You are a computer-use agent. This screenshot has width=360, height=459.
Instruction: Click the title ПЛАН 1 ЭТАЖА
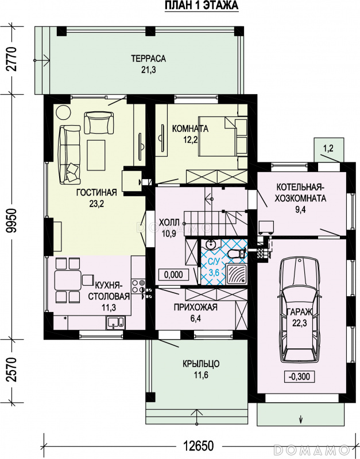point(202,6)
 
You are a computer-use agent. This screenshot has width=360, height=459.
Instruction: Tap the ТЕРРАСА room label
point(148,59)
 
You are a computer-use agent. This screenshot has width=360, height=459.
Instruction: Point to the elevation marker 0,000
point(173,274)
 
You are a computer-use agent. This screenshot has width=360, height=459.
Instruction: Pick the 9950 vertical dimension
point(12,217)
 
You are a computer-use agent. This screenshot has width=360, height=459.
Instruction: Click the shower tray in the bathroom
point(236,274)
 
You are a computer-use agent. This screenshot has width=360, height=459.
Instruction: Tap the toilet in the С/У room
point(236,254)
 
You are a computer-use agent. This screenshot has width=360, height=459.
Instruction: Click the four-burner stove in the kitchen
point(138,286)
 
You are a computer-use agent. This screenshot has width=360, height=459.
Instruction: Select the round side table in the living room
point(63,112)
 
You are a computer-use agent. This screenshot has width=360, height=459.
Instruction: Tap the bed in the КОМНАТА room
point(218,136)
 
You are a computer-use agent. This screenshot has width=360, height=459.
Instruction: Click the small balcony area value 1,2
point(328,149)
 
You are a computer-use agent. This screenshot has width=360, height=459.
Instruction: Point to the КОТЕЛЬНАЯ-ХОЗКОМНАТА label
point(300,192)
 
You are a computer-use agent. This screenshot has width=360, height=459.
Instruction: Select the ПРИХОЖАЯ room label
point(195,307)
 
